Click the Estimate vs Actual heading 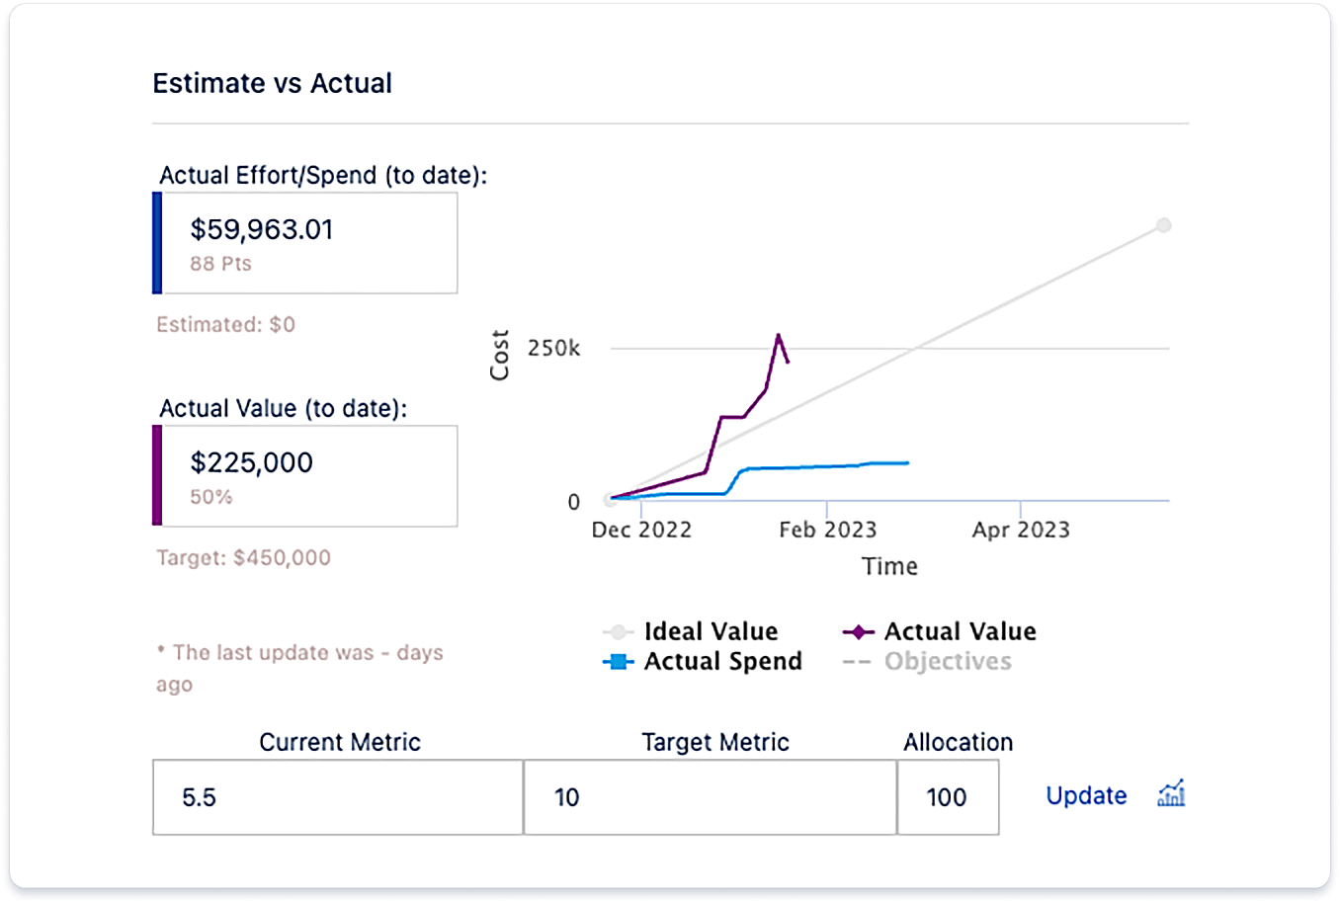click(272, 84)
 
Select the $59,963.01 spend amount click(262, 230)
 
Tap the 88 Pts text click(220, 264)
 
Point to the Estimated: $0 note click(225, 325)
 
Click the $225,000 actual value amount click(251, 463)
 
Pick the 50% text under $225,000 click(211, 497)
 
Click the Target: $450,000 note click(243, 558)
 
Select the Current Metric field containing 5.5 click(337, 797)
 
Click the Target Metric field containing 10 click(710, 797)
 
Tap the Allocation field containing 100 click(947, 797)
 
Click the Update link click(1086, 796)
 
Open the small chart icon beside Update click(1171, 793)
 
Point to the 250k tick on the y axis click(553, 349)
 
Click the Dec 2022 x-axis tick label click(641, 531)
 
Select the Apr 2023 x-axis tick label click(1021, 531)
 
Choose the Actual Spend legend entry click(703, 662)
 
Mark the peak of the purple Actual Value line click(779, 335)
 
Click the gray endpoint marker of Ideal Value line click(1164, 225)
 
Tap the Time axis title click(889, 567)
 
